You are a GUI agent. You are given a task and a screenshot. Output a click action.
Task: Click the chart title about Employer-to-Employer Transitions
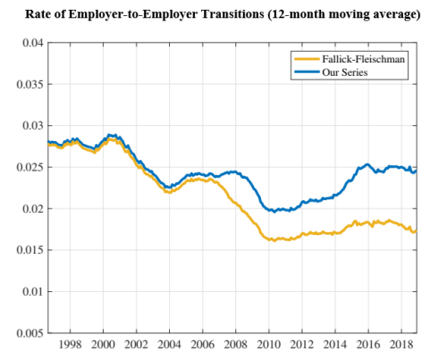click(223, 15)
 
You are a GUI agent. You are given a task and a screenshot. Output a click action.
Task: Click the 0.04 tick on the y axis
click(32, 43)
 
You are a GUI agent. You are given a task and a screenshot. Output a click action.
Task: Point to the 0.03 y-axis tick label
click(32, 126)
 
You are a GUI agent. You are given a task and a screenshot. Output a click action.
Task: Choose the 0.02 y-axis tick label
click(32, 209)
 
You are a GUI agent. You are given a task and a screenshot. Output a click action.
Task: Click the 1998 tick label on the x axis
click(71, 344)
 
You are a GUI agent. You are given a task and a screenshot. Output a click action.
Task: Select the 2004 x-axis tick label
click(169, 344)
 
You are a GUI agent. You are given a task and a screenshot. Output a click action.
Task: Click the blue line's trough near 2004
click(169, 188)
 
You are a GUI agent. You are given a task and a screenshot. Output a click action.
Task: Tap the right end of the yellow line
click(416, 231)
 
